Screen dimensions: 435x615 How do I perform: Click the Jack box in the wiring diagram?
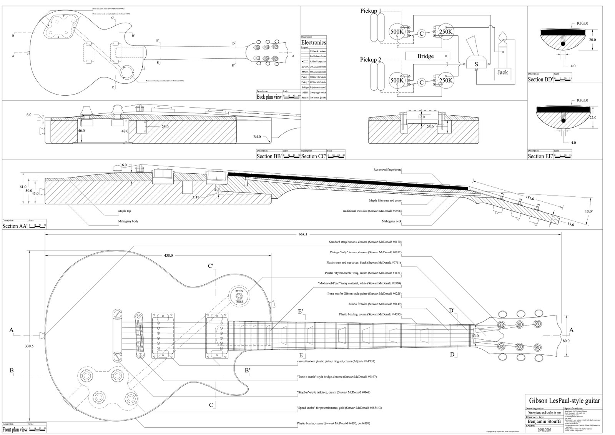pos(503,72)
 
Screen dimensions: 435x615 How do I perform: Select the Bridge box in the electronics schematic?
pos(426,56)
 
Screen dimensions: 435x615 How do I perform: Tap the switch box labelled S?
pos(476,64)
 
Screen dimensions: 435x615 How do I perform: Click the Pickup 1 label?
pos(371,11)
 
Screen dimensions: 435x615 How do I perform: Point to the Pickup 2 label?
pos(371,60)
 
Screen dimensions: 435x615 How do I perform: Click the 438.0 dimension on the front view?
pos(168,255)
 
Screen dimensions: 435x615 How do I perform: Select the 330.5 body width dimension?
pos(29,346)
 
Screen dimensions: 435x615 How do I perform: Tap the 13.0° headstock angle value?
pos(589,211)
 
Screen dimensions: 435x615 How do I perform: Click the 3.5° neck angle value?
pos(196,198)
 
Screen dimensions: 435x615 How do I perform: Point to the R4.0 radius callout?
pos(257,137)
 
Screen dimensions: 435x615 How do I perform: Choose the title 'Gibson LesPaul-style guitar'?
pos(563,401)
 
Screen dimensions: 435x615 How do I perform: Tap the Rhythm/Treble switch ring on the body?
pos(239,297)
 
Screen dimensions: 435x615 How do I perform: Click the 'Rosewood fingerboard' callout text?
pos(387,169)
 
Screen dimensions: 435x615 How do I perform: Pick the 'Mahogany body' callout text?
pos(127,222)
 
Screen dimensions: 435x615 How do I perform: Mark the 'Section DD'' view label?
pos(540,80)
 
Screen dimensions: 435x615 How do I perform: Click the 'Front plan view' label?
pos(15,430)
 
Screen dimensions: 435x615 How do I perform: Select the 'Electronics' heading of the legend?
pos(313,43)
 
